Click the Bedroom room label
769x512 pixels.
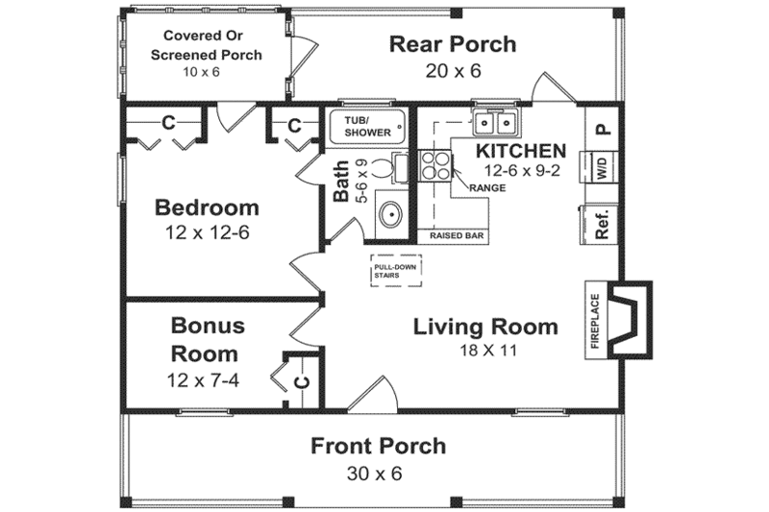(207, 207)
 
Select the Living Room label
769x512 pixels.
(484, 327)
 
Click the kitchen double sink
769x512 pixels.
(496, 123)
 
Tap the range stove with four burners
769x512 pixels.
(434, 166)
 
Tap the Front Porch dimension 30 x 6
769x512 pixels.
(378, 474)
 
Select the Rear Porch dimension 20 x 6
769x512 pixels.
(452, 70)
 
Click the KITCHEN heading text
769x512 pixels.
(520, 151)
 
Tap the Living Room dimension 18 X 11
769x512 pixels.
(485, 351)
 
